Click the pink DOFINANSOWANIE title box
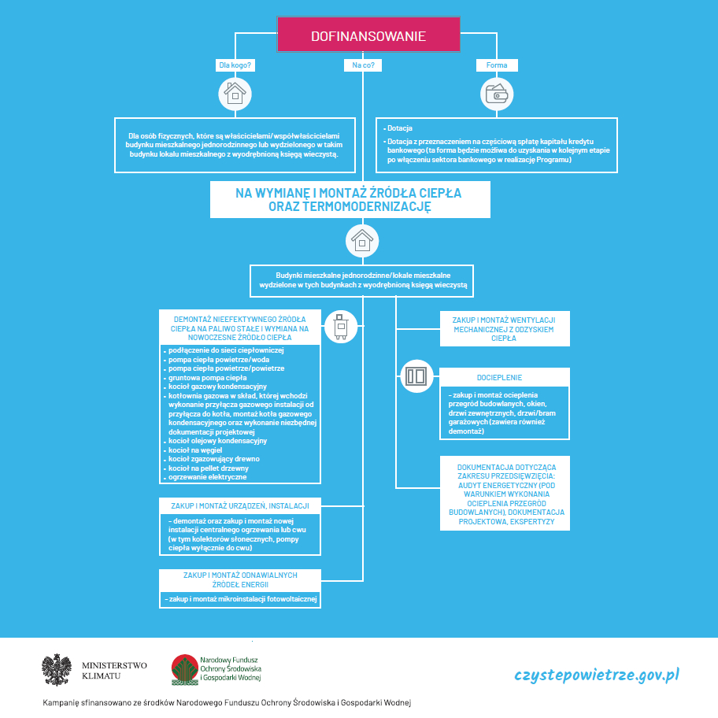coord(368,36)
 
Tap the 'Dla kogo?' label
coord(235,65)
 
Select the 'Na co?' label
coord(363,65)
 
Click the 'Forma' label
coord(497,65)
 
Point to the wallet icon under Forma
coord(496,94)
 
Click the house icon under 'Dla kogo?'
coord(234,94)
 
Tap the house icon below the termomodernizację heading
coord(362,240)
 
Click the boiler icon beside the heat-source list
coord(341,327)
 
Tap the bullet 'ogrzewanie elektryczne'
coord(207,477)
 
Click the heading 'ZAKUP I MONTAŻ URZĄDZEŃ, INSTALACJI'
coord(239,505)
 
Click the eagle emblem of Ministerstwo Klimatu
coord(57,670)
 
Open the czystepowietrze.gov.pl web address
coord(597,675)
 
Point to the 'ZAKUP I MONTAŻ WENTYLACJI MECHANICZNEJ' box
coord(504,328)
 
